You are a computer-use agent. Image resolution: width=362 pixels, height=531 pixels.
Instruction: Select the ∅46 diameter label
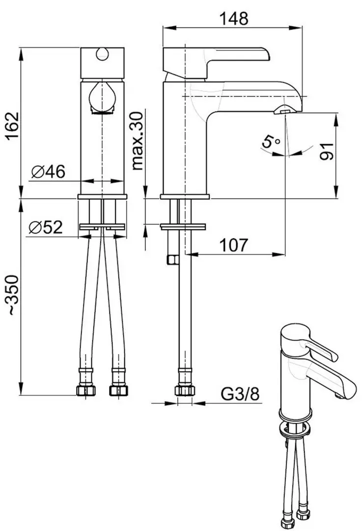coord(48,172)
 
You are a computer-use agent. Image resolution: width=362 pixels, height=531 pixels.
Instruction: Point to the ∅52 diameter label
coord(46,227)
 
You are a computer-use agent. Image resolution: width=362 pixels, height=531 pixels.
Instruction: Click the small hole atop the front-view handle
coord(103,54)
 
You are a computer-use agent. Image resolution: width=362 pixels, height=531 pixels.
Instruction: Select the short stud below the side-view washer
coord(171,259)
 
